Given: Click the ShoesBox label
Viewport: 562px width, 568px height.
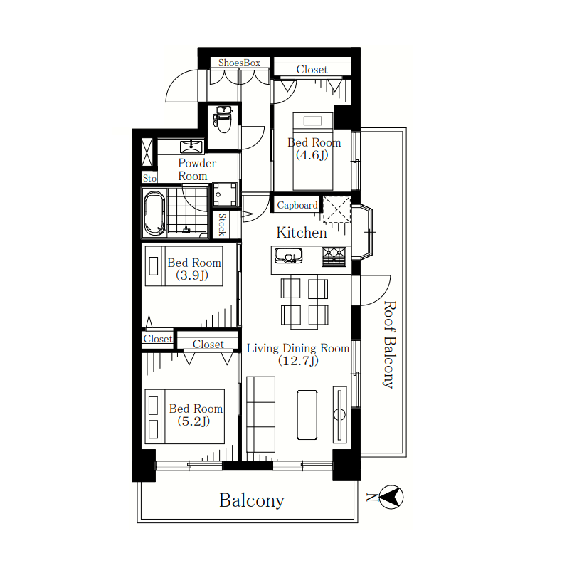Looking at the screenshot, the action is (x=239, y=63).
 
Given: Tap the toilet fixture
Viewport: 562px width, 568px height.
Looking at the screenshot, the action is (x=223, y=120).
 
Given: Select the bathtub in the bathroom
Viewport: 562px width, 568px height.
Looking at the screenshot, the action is (x=154, y=213).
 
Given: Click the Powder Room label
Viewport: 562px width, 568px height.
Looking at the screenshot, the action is (x=197, y=169).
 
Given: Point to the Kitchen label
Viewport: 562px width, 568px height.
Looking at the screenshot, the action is (x=302, y=233).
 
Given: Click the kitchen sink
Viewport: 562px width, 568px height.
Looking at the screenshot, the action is (x=288, y=256).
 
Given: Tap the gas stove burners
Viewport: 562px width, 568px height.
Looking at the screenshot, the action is (x=334, y=256).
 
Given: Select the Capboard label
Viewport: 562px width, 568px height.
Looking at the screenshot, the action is (x=297, y=206).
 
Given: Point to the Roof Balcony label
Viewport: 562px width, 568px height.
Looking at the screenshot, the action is (x=390, y=345).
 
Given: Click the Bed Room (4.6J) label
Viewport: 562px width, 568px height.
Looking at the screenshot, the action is (x=314, y=149).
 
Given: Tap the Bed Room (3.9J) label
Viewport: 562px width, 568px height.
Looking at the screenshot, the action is (x=194, y=269).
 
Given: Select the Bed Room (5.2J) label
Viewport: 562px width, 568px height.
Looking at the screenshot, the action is (x=196, y=415).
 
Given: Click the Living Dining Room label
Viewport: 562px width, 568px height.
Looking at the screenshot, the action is (x=298, y=354).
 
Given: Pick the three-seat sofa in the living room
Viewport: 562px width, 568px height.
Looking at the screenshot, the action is (x=260, y=414).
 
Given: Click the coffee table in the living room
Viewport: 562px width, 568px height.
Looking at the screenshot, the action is (x=307, y=415).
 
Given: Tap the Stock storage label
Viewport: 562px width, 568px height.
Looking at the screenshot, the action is (x=222, y=224).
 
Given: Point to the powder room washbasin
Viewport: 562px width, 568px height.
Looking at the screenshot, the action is (x=191, y=147).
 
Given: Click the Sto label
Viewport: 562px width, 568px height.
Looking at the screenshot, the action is (x=149, y=178).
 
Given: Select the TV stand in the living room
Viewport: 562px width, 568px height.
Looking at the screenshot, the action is (x=339, y=415).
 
